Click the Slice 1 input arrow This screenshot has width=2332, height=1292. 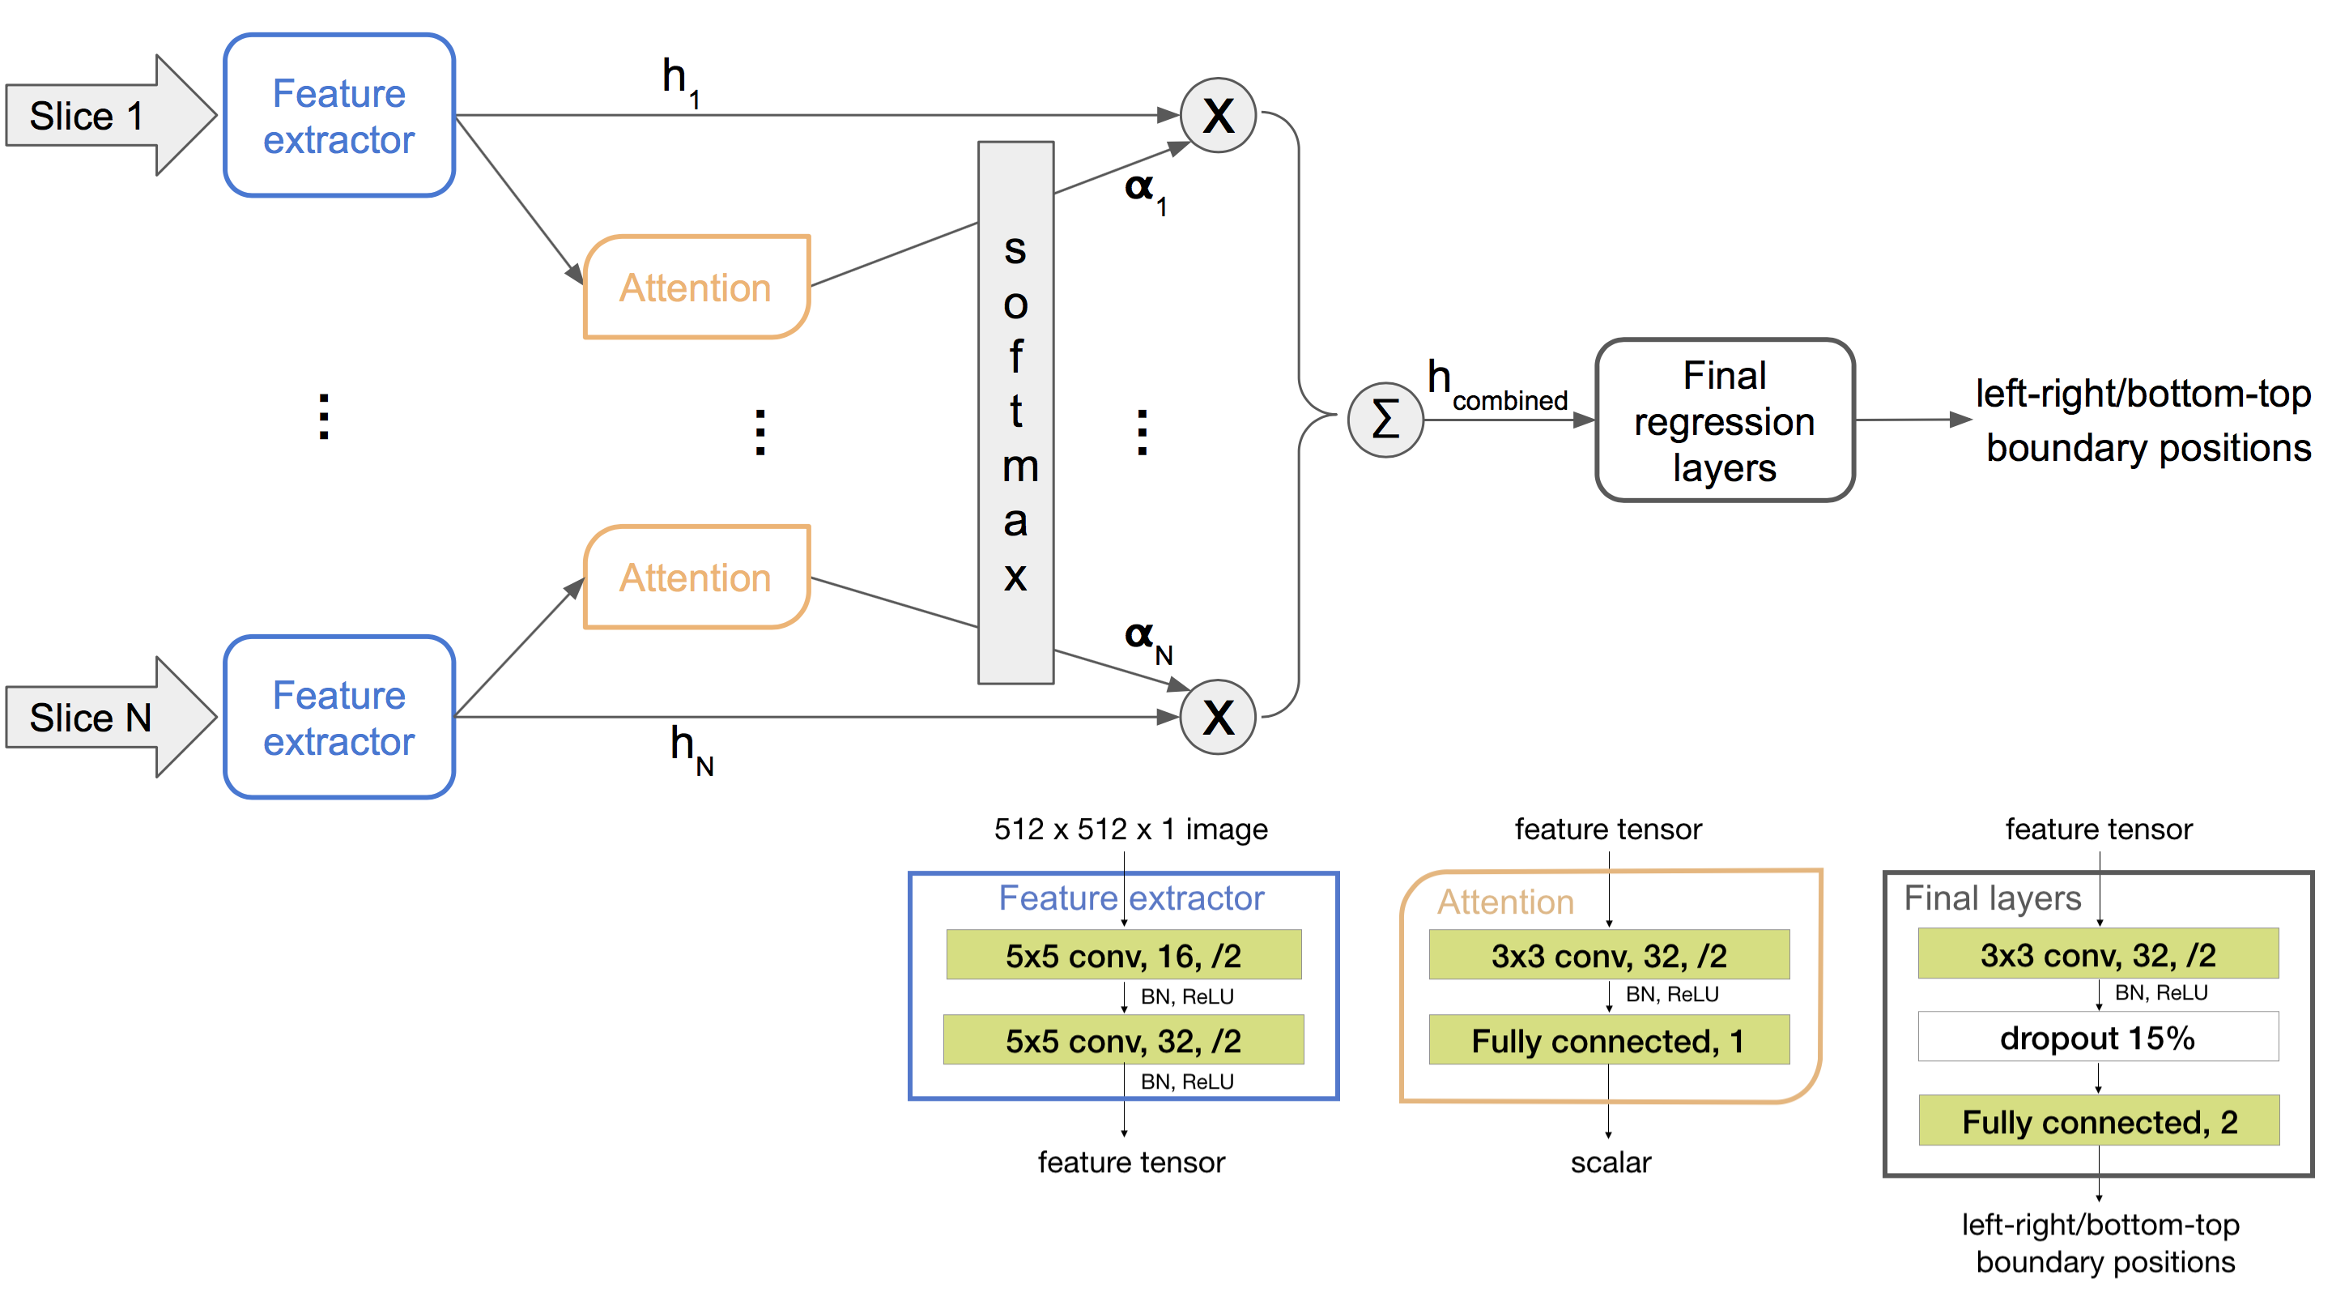[100, 116]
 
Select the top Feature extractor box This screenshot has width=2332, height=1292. [338, 116]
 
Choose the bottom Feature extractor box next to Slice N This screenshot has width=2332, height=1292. [338, 717]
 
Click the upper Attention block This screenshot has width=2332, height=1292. [696, 288]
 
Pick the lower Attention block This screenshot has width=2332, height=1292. [696, 578]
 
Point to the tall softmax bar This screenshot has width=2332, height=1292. [1015, 412]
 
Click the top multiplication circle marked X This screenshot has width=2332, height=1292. [1218, 116]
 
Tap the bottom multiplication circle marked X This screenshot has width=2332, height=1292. [1218, 717]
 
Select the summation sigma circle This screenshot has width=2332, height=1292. [1385, 420]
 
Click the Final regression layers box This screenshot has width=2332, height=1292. [1725, 420]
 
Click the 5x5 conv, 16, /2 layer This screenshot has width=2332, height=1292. [1123, 955]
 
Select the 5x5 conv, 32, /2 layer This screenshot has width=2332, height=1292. [1123, 1040]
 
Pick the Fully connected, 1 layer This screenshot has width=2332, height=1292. [1609, 1040]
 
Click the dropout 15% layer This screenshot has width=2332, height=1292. [2097, 1038]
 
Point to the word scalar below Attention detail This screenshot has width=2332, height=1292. [1611, 1162]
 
